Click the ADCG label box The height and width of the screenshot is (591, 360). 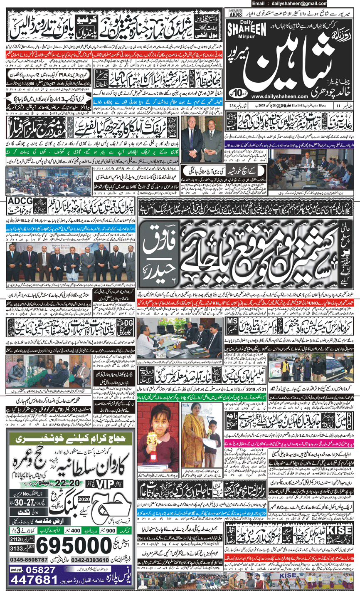20,203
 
